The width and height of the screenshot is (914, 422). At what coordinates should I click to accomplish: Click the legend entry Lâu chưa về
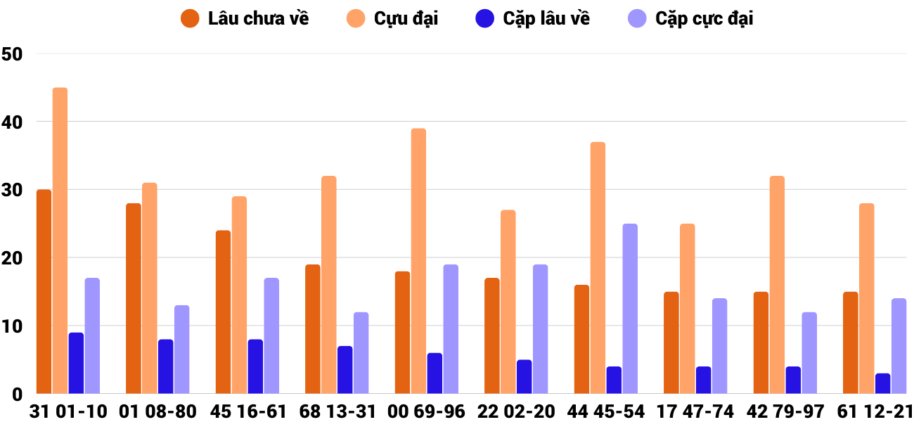pos(245,19)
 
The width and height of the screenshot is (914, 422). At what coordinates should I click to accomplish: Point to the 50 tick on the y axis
pos(13,54)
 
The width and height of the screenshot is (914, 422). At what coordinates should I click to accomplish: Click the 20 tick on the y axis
pos(13,258)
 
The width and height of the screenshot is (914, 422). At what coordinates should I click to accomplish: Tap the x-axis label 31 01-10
pos(68,411)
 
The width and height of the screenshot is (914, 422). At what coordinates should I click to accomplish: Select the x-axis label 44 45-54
pos(606,411)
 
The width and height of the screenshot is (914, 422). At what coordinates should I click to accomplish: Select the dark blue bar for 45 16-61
pos(255,366)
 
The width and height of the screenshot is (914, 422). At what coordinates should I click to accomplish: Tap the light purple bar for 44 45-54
pos(630,309)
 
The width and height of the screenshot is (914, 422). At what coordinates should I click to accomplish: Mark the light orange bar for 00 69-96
pos(419,261)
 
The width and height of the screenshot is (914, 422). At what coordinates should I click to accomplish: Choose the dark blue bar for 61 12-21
pos(882,383)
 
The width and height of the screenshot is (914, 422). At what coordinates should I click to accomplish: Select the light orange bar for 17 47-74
pos(688,309)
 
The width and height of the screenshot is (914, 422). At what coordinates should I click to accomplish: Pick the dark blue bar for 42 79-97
pos(793,380)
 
